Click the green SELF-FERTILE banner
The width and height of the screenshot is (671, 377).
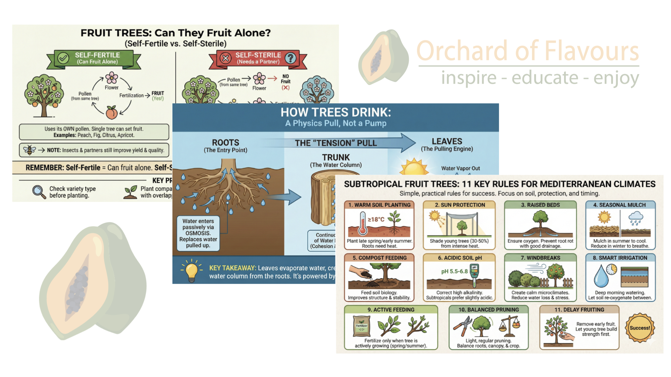click(97, 58)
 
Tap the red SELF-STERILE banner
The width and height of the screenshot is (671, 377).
click(258, 58)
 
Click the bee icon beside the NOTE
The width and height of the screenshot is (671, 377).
click(29, 150)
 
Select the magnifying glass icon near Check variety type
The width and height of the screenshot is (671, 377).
click(39, 192)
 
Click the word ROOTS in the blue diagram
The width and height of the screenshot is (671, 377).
click(225, 142)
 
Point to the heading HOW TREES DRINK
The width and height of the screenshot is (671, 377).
click(335, 112)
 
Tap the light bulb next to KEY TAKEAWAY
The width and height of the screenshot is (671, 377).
click(192, 271)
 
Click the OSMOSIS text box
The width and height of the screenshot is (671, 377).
click(198, 233)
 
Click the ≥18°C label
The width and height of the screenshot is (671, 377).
click(376, 219)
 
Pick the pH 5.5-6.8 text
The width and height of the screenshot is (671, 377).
click(454, 271)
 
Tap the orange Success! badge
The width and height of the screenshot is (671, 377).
click(640, 328)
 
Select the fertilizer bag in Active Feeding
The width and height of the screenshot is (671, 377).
click(361, 326)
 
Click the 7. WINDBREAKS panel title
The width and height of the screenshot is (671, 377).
click(540, 258)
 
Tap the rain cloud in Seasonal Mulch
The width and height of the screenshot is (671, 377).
click(636, 218)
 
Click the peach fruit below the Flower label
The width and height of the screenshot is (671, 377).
click(111, 112)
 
